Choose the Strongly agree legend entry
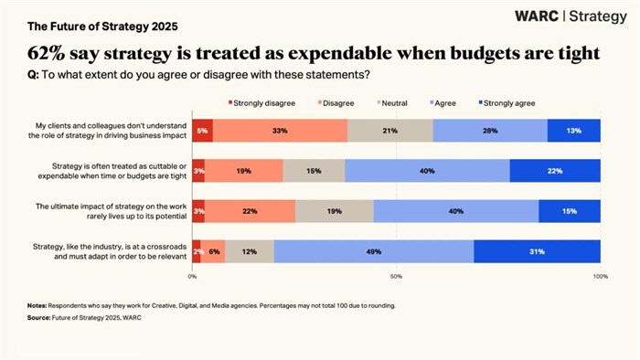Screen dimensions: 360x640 (507, 102)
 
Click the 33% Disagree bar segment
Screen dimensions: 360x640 (280, 131)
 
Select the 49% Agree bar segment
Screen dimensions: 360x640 (373, 251)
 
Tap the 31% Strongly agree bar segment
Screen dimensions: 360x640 (537, 251)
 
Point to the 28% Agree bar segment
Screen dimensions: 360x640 (490, 131)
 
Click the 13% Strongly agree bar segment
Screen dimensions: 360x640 (573, 131)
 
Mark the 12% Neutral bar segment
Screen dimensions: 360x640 (249, 251)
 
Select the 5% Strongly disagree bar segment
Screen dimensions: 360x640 (202, 131)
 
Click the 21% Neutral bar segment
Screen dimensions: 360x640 (389, 131)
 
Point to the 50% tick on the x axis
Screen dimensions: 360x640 (396, 275)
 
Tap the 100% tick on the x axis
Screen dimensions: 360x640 (599, 275)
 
